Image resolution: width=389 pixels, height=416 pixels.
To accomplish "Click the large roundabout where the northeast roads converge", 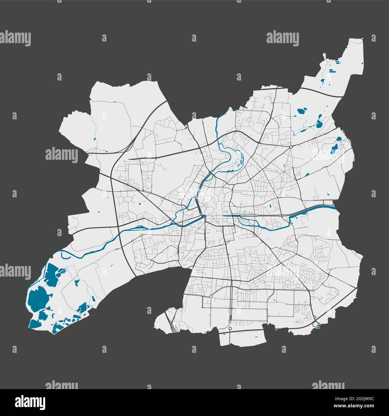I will click(291, 147).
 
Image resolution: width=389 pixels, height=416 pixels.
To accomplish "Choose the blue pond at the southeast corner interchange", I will click(318, 325).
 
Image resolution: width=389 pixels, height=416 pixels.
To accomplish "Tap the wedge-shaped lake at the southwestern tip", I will click(35, 324).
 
